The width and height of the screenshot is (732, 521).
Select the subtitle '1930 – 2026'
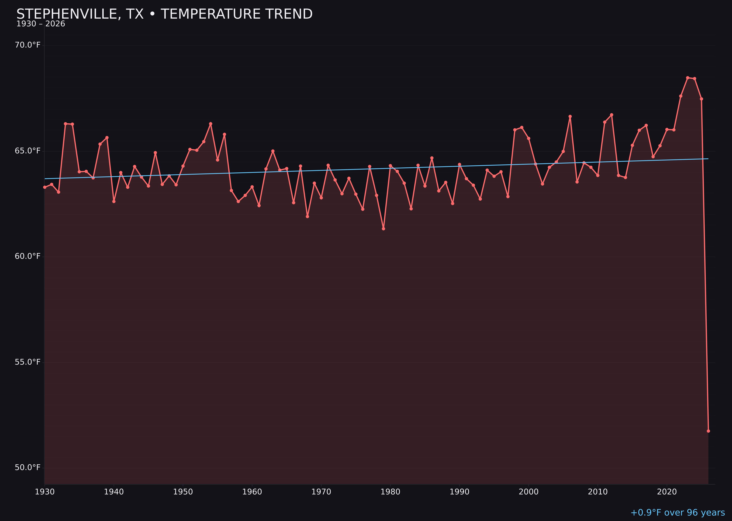coord(41,24)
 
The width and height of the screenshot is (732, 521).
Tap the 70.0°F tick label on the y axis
coord(28,45)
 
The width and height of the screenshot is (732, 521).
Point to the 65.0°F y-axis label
coord(28,151)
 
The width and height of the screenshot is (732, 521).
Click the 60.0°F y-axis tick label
coord(28,256)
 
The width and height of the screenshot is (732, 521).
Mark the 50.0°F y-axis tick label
coord(28,468)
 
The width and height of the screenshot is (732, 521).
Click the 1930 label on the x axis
coord(44,492)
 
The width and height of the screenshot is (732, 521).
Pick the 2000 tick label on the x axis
coord(529,492)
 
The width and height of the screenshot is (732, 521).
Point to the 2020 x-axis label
coord(667,492)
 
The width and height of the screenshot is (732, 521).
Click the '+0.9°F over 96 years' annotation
coord(677,513)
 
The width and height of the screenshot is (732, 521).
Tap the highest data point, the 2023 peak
coord(688,78)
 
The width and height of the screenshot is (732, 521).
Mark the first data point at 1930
coord(44,187)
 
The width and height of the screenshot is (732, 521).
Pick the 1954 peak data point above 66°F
coord(211,123)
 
